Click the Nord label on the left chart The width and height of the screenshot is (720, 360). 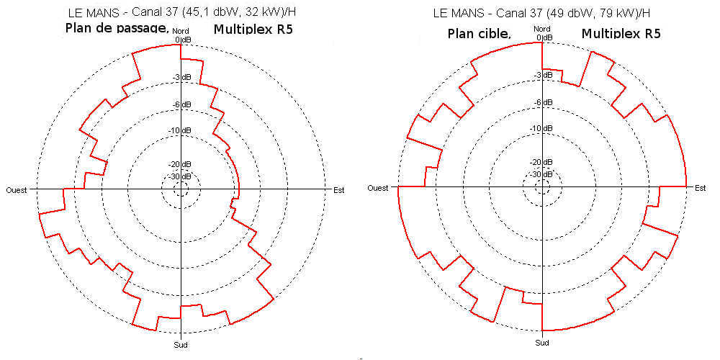181,32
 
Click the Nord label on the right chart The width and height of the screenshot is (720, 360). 542,30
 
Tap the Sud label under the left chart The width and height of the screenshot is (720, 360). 181,344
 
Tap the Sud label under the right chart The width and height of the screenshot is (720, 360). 542,343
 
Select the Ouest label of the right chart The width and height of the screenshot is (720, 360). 379,188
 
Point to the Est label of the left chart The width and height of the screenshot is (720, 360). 338,189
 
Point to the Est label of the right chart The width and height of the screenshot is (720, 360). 700,188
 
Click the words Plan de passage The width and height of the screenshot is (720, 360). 117,29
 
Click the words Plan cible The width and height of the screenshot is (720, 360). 479,34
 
